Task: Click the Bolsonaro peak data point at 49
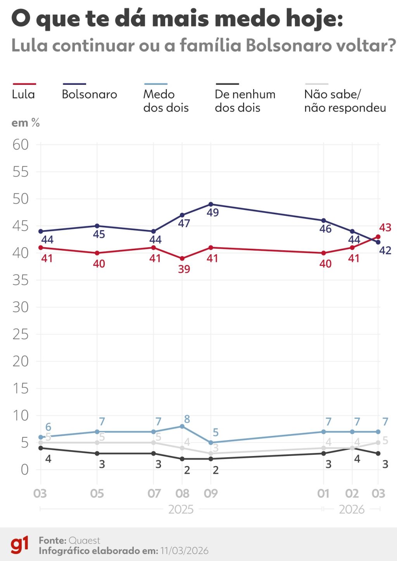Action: tap(211, 204)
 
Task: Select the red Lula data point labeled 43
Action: tap(378, 237)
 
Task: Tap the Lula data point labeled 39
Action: tap(182, 258)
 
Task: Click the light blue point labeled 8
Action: tap(182, 426)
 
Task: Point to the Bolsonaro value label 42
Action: tap(385, 251)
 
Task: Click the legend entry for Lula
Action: tap(24, 94)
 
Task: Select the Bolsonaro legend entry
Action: tap(89, 94)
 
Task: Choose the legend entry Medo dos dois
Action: tap(166, 101)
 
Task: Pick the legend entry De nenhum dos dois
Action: tap(245, 101)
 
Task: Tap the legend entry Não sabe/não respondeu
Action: tap(345, 101)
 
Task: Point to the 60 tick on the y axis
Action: tap(21, 145)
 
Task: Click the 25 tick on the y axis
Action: tap(21, 334)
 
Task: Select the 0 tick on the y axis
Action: tap(24, 470)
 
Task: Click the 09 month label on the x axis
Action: tap(211, 493)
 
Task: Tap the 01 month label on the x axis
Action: tap(323, 493)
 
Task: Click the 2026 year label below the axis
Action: tap(352, 509)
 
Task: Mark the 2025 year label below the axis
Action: tap(181, 509)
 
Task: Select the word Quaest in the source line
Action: tap(84, 540)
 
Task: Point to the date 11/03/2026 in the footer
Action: tap(184, 551)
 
